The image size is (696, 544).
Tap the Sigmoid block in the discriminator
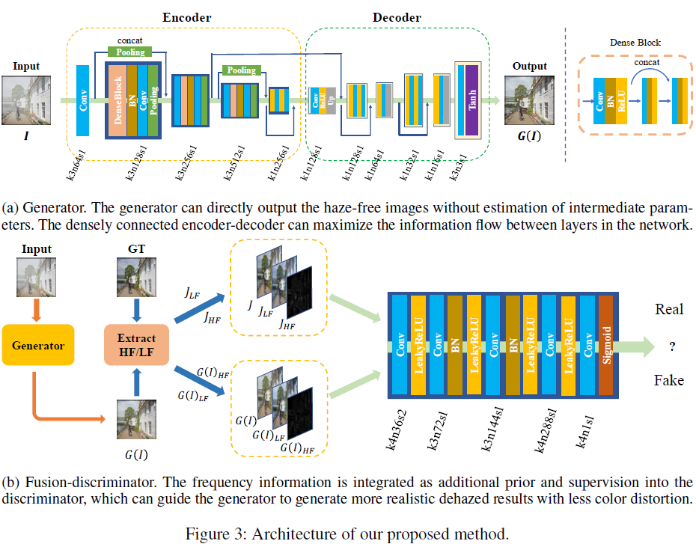click(605, 344)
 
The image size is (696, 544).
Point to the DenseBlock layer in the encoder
click(117, 100)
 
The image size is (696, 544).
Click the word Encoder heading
click(186, 17)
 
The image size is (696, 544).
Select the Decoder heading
click(397, 17)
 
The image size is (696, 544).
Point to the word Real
click(669, 309)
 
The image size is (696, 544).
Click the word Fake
click(668, 380)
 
